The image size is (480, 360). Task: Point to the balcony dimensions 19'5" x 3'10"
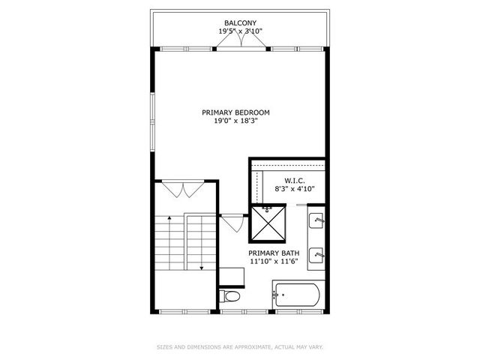(240, 32)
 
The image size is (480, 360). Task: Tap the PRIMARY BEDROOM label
(235, 112)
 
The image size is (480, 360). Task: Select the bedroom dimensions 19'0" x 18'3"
(235, 121)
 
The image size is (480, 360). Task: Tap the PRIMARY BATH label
(274, 253)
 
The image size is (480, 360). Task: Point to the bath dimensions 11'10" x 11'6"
(274, 262)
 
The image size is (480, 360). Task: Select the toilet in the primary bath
(231, 298)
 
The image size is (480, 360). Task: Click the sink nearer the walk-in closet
(317, 221)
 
